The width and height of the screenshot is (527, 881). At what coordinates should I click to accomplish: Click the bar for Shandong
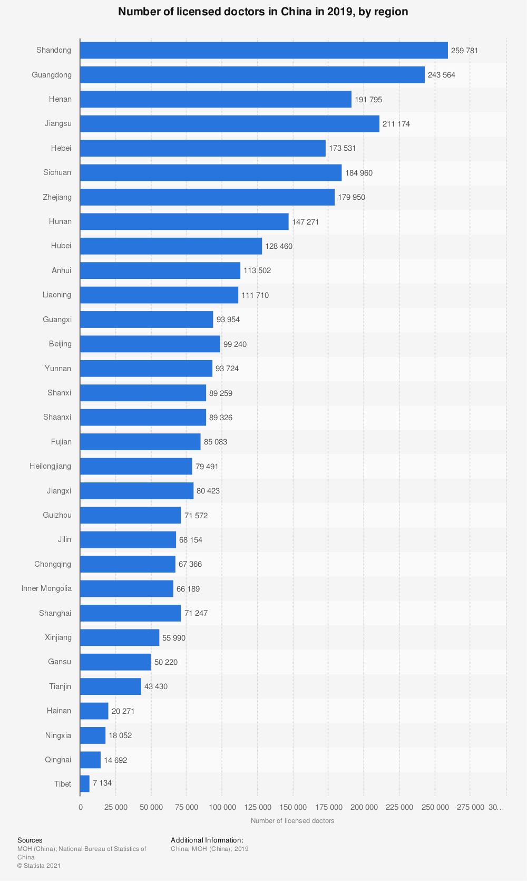coord(263,50)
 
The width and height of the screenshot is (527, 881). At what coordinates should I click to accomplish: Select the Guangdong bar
coord(252,75)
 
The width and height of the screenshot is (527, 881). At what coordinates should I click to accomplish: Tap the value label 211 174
coord(396,124)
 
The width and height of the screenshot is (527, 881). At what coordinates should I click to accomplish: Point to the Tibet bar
coord(85,783)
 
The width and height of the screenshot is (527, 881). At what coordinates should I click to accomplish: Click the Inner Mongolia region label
coord(46,588)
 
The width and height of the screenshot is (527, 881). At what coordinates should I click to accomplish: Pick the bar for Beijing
coord(150,344)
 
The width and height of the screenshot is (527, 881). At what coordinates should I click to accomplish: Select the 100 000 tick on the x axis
coord(222,807)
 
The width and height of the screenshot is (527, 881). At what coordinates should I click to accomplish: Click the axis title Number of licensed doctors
coord(292,821)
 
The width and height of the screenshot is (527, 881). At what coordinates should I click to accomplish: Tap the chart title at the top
coord(263,12)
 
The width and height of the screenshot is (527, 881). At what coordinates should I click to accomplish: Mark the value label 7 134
coord(102,783)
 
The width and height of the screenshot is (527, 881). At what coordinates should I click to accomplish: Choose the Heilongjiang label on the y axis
coord(51,466)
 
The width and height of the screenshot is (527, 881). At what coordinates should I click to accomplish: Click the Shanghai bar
coord(130,613)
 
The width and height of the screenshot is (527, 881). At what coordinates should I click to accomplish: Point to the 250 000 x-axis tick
coord(435,807)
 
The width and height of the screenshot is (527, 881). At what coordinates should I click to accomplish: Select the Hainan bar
coord(94,711)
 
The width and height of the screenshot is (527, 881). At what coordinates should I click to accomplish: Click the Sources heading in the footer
coord(30,840)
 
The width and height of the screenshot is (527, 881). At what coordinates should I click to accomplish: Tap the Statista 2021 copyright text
coord(39,866)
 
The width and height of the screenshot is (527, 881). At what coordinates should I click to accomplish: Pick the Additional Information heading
coord(207,840)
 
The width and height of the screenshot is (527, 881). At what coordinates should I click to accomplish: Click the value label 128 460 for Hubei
coord(279,246)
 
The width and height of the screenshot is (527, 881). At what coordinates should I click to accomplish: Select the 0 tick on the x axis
coord(80,807)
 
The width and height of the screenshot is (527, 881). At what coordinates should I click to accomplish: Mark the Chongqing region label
coord(53,564)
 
